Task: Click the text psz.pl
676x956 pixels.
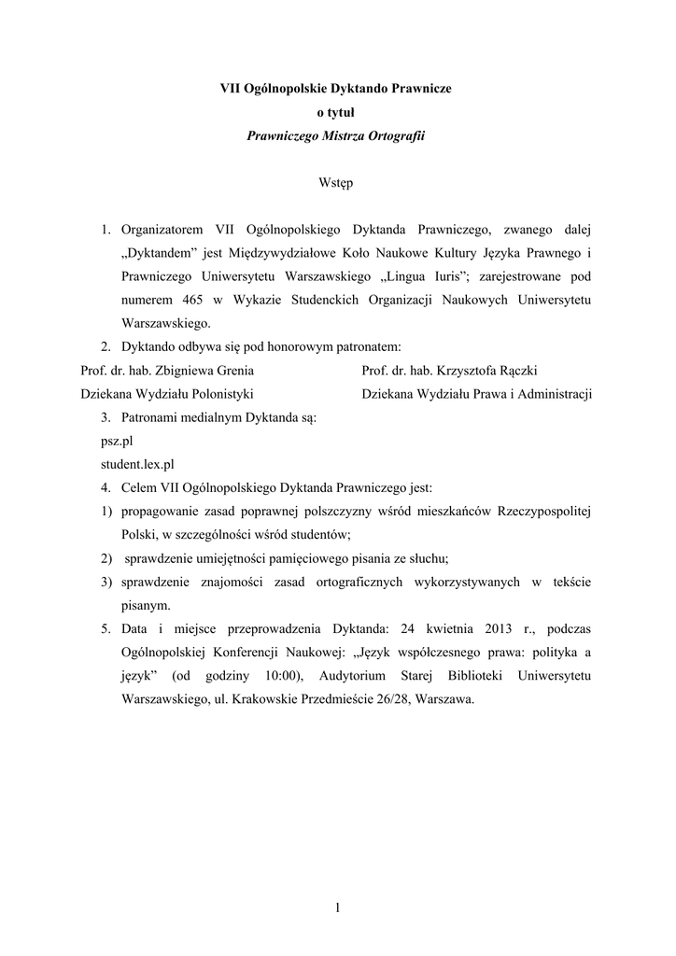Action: [118, 441]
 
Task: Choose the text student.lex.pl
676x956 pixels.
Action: [138, 464]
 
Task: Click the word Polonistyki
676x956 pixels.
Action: [218, 393]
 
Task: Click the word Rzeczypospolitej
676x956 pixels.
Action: [542, 512]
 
